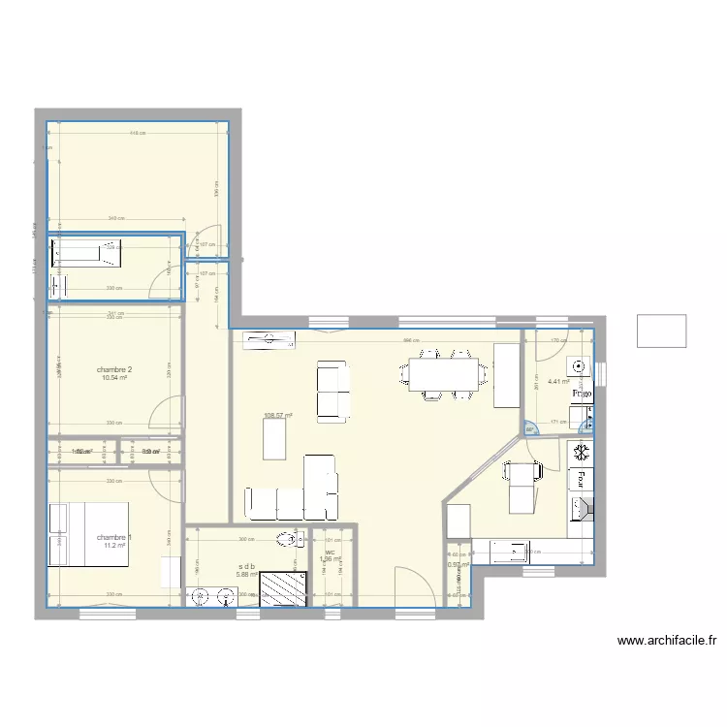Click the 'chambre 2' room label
114,369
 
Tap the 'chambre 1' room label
114,537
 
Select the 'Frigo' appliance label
582,395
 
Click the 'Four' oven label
583,478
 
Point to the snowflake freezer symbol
582,453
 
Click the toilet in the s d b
288,539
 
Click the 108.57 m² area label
278,416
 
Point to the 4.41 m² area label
557,382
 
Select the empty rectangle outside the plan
661,331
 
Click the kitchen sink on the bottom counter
511,553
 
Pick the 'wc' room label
331,553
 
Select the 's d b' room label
246,566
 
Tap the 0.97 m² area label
458,565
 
